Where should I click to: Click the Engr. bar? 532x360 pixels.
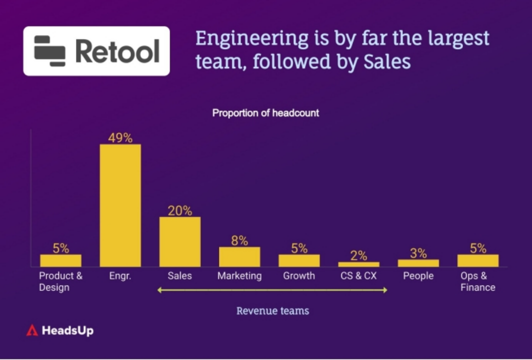click(120, 205)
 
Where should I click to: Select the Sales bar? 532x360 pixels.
click(179, 241)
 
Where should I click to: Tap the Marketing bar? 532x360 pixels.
click(239, 256)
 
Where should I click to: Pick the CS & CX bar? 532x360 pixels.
click(358, 264)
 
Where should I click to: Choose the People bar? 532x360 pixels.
click(418, 263)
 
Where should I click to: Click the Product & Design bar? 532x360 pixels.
click(60, 260)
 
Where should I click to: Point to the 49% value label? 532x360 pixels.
click(120, 138)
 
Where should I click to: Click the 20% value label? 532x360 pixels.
click(179, 210)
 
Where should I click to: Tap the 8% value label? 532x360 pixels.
click(239, 240)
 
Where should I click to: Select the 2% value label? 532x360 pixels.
click(358, 256)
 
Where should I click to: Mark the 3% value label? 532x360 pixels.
click(418, 253)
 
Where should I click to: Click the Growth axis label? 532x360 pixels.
click(299, 276)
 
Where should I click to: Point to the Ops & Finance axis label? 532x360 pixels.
click(478, 281)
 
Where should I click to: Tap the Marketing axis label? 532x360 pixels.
click(239, 276)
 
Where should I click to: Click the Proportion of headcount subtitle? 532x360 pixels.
click(265, 113)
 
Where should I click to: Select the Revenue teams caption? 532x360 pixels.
click(272, 311)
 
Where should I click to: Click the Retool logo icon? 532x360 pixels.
click(49, 51)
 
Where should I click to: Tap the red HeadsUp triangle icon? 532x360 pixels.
click(32, 330)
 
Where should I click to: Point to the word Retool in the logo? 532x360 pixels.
click(117, 51)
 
